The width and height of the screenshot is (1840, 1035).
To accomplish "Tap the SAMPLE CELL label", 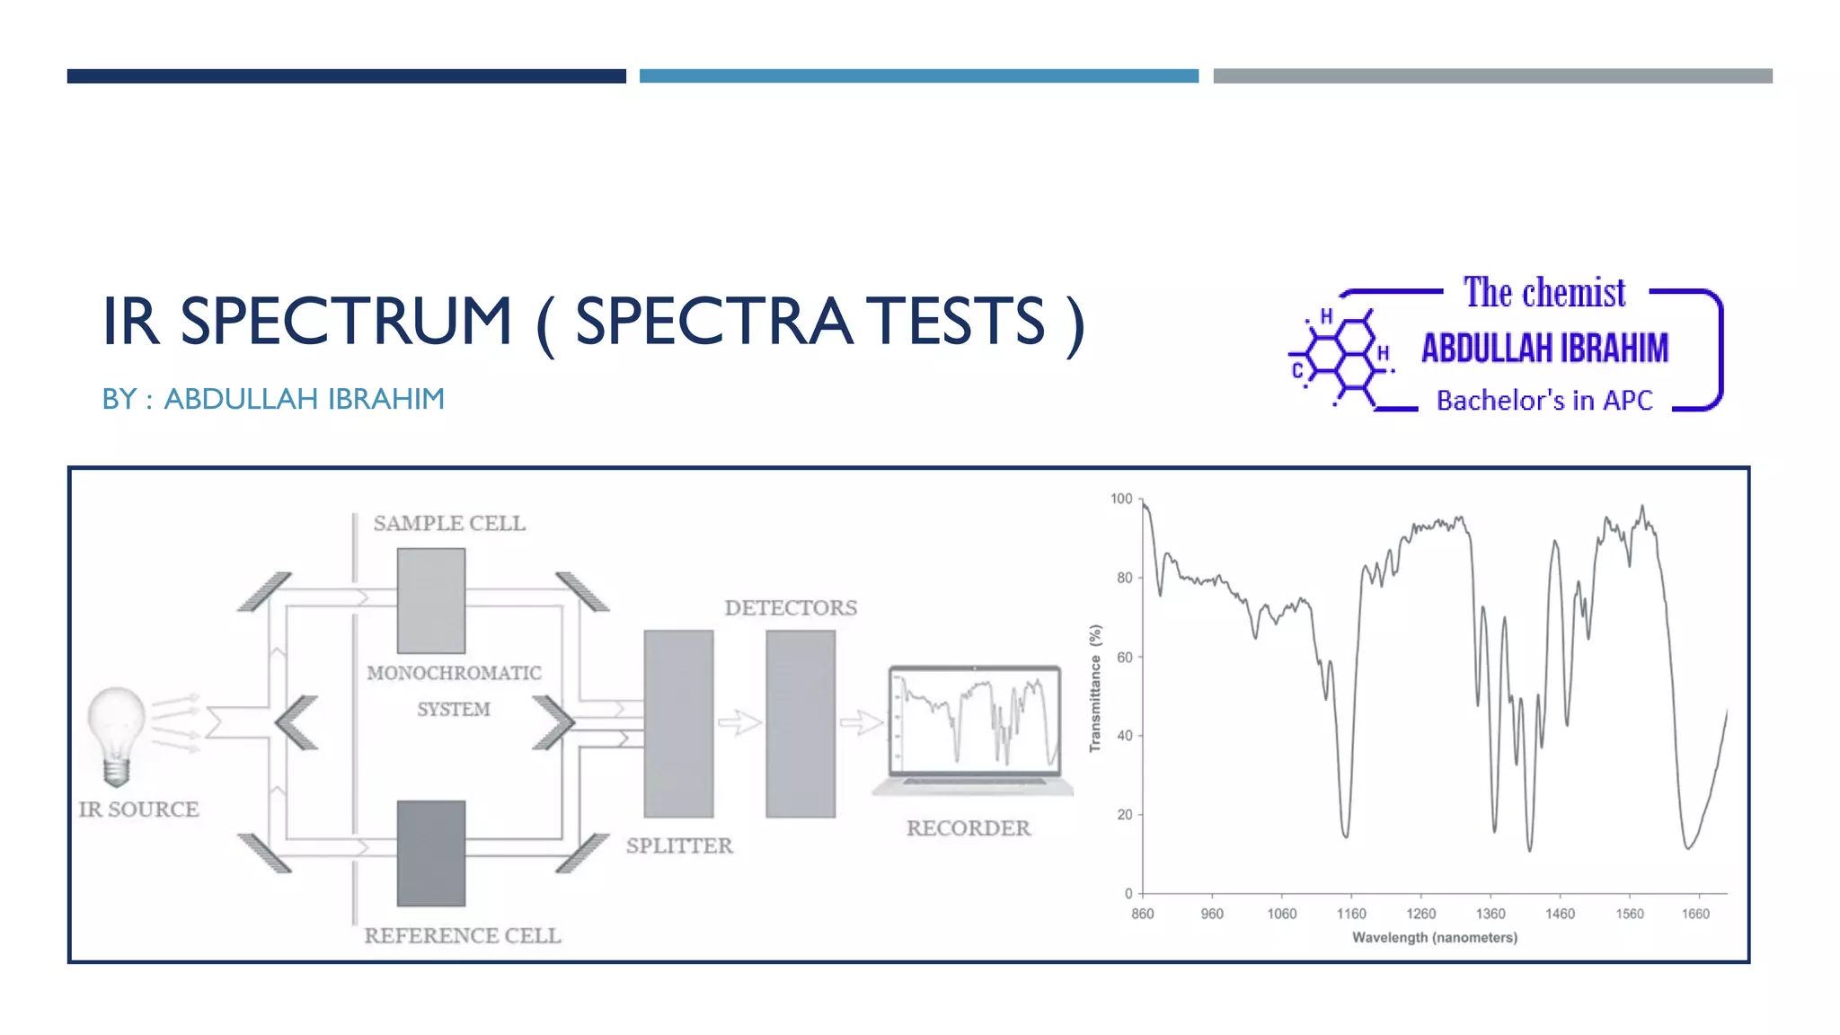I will [449, 524].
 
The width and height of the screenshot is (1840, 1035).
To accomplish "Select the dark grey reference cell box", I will [431, 853].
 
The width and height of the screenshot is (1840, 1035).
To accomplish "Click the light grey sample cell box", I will [431, 601].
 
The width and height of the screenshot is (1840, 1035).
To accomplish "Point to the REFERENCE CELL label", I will [463, 936].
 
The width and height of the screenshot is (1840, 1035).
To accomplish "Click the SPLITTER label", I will [679, 845].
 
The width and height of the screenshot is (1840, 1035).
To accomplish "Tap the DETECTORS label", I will [791, 608].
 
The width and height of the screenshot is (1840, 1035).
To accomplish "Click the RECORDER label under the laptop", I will [968, 828].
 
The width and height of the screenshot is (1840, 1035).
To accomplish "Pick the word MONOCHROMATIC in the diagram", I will [454, 673].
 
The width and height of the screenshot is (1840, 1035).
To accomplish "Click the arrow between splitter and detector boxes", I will [739, 722].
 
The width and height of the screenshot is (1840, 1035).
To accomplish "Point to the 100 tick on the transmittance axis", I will [1122, 499].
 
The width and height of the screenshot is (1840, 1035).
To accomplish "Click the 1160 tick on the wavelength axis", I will [1350, 914].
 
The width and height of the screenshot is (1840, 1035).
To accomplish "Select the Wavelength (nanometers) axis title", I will [1434, 938].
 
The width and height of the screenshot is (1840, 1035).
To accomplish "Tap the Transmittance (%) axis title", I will [1095, 688].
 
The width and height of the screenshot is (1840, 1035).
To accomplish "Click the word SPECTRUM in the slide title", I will [346, 321].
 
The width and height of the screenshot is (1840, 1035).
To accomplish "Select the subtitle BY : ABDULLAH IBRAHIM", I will [273, 399].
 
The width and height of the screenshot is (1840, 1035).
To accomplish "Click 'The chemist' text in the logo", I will [1544, 293].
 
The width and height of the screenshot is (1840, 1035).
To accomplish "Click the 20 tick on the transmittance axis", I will [1125, 815].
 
